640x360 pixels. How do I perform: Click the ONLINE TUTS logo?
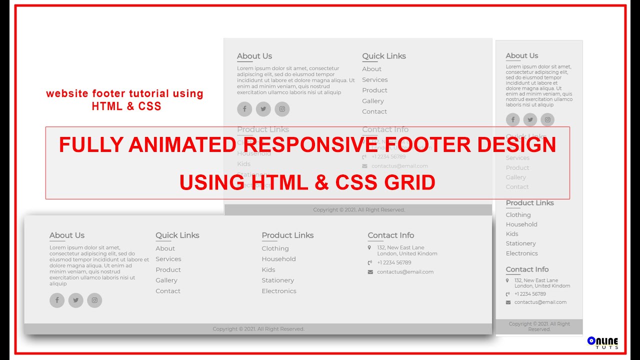[603, 342]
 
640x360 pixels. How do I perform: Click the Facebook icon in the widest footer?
[57, 300]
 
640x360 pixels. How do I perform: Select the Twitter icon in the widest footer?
[75, 300]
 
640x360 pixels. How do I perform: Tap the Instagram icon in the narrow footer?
[547, 119]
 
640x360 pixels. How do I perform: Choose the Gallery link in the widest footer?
[166, 280]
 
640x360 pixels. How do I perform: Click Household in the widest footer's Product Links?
[278, 259]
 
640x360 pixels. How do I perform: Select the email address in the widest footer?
[405, 272]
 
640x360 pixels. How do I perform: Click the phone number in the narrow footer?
[530, 294]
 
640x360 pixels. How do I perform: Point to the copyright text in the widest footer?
[258, 329]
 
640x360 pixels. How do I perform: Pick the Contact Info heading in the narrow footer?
[527, 269]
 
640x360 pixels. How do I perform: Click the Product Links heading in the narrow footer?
[529, 203]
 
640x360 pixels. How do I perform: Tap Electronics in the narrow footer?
[521, 253]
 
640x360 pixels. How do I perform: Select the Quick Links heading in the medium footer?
[384, 56]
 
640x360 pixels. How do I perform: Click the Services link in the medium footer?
[375, 80]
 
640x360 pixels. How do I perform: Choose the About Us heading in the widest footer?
[67, 235]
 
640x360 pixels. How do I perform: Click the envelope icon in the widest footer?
[370, 272]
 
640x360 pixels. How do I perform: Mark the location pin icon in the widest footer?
[369, 247]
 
